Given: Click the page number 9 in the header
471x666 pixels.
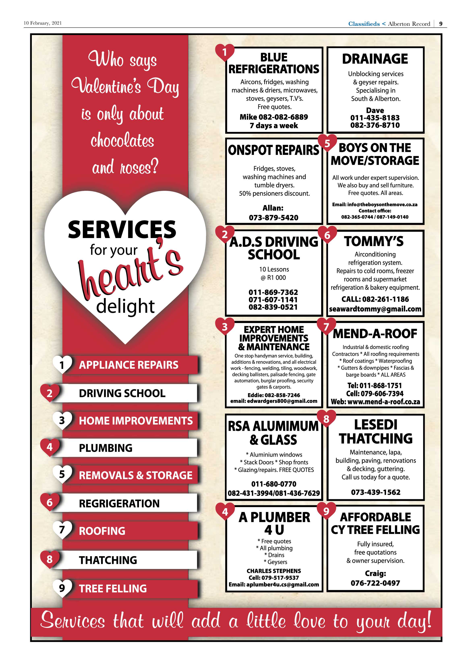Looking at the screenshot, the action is (x=441, y=24).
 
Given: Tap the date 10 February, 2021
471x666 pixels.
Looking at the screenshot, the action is (x=43, y=23).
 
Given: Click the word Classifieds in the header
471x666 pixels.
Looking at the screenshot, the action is (x=364, y=24).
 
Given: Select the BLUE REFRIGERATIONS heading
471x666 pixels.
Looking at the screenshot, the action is (x=274, y=63).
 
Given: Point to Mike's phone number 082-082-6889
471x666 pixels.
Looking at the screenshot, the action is (x=283, y=117).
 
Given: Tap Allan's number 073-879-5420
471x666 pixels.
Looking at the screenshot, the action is (x=273, y=218).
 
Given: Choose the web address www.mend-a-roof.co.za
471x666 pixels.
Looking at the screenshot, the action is (x=384, y=402).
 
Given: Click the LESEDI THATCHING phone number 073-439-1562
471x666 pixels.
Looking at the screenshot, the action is (x=376, y=492).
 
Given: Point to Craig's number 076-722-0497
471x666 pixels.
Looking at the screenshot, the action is (x=375, y=583).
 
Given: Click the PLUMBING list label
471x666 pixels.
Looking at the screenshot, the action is (x=106, y=448).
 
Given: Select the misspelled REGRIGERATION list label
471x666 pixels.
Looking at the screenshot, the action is (x=119, y=503).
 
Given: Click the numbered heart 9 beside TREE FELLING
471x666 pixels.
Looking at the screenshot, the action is (x=62, y=588).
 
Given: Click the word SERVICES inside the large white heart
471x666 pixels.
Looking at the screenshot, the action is (x=122, y=229).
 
